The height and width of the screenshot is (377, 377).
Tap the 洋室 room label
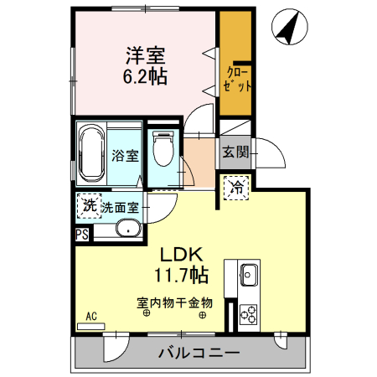(x=145, y=56)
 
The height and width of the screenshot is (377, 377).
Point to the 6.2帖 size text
(x=145, y=77)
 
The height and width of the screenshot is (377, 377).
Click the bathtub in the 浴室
(x=90, y=153)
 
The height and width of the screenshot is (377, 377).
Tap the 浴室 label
(x=125, y=154)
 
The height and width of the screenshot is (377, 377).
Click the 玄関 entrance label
(x=235, y=152)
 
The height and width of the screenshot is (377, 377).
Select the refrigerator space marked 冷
(x=236, y=188)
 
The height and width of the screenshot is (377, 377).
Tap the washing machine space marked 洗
(x=87, y=204)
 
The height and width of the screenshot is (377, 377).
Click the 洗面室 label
(x=121, y=205)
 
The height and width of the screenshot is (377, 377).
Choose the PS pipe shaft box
(x=82, y=235)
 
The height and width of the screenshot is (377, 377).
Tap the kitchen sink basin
(x=248, y=273)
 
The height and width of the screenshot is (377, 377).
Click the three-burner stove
(x=249, y=314)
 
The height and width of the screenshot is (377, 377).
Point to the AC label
(x=93, y=316)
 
